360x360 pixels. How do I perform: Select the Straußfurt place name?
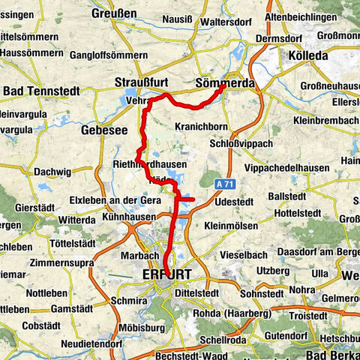(x=143, y=82)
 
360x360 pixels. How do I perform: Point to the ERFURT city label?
(x=166, y=274)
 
